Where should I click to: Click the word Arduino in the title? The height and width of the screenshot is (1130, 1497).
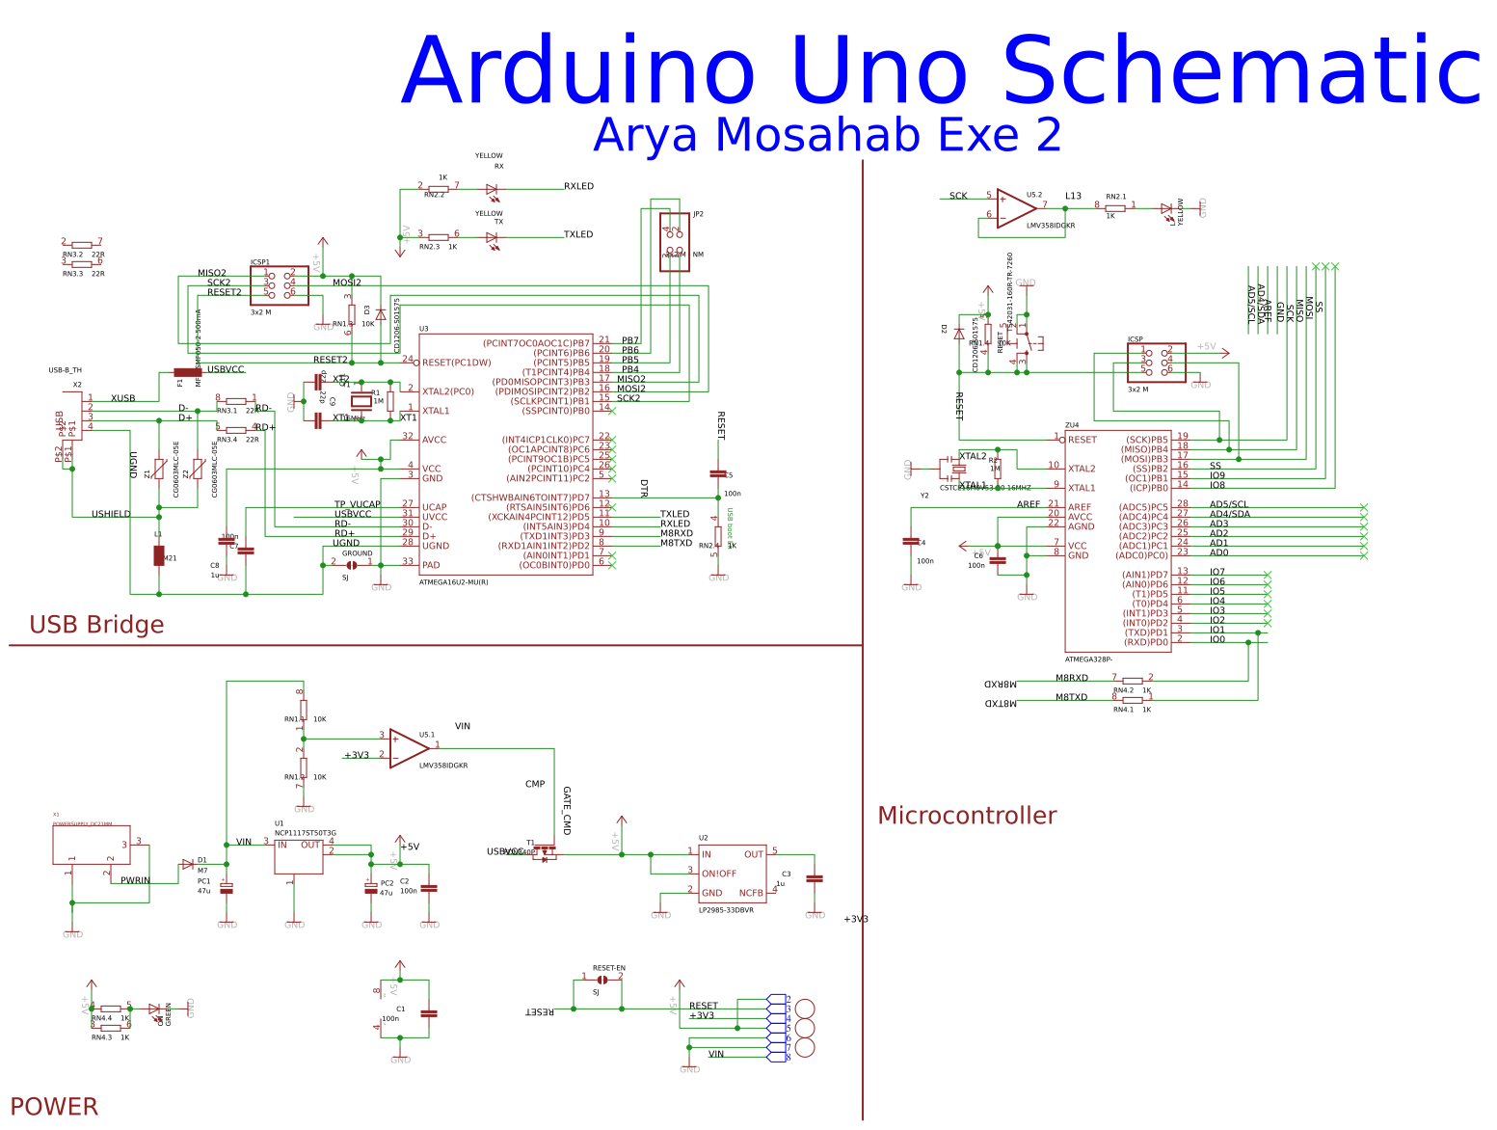click(578, 71)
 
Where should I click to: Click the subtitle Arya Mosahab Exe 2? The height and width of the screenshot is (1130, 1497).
click(827, 135)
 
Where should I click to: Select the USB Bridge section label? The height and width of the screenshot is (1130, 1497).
click(96, 625)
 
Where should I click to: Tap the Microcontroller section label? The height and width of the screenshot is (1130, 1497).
click(967, 816)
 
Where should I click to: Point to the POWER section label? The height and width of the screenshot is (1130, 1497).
click(54, 1106)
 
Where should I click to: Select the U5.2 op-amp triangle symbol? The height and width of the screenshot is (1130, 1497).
click(1016, 206)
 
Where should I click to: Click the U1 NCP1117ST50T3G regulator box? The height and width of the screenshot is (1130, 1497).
click(299, 855)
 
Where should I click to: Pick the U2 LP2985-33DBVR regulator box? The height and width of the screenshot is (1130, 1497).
click(733, 873)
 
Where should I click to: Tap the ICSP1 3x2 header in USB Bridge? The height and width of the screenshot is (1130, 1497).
click(280, 285)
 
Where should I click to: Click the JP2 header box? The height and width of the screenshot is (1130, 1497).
click(675, 242)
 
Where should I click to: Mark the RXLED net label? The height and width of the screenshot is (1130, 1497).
click(578, 186)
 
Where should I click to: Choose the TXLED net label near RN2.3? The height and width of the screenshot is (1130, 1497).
click(578, 234)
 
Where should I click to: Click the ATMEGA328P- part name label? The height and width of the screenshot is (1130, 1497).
click(1088, 659)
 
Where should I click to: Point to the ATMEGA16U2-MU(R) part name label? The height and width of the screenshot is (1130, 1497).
click(453, 582)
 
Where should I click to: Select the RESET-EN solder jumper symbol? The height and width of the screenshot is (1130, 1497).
click(602, 980)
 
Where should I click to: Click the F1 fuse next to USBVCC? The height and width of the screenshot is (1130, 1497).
click(187, 372)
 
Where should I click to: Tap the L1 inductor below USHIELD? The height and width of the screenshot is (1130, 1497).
click(159, 555)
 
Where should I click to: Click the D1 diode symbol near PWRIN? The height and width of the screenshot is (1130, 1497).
click(188, 865)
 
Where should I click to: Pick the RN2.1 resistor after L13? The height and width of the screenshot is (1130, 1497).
click(1115, 208)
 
